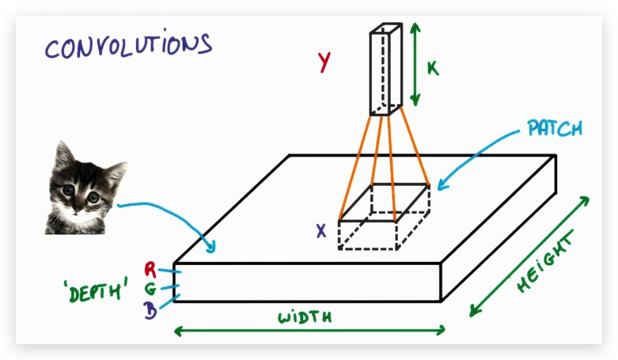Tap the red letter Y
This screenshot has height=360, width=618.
click(x=324, y=62)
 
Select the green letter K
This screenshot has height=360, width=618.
click(x=433, y=68)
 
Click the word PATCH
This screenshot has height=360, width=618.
click(x=554, y=127)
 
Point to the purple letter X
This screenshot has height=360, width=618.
click(x=321, y=231)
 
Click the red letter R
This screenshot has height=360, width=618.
click(x=150, y=270)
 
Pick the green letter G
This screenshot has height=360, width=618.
click(x=150, y=289)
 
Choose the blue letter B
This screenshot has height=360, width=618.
click(x=150, y=309)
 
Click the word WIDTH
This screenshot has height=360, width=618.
click(x=304, y=317)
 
